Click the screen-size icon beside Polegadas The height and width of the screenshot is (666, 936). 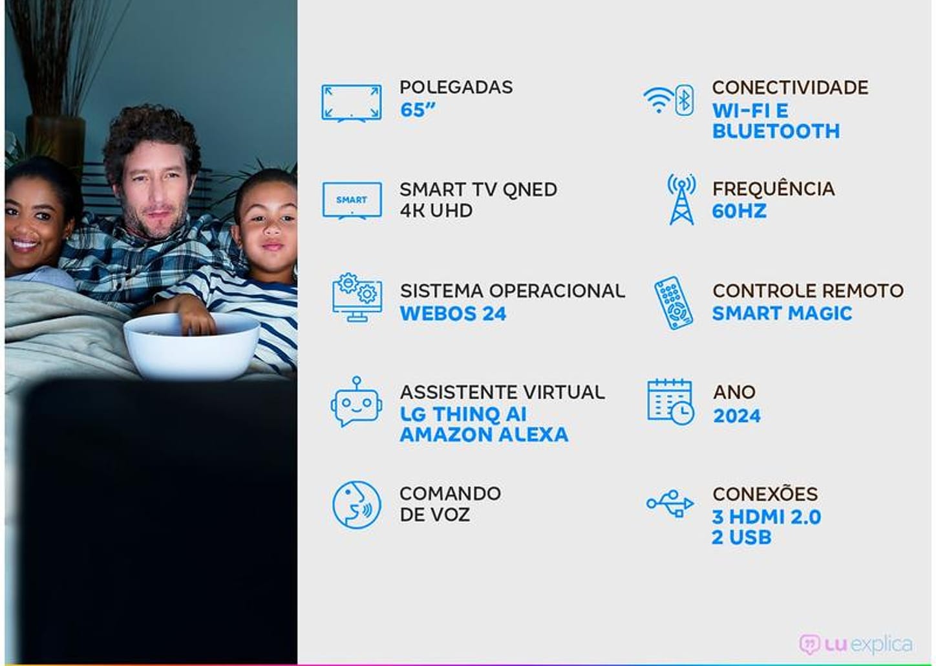351,102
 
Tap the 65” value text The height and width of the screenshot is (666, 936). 417,110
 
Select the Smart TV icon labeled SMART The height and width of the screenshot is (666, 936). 352,201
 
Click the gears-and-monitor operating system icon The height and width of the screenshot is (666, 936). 357,297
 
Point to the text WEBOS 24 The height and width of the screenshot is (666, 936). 452,314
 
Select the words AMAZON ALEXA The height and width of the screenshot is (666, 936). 484,435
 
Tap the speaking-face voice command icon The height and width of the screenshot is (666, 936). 356,504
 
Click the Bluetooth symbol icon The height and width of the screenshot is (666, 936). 685,100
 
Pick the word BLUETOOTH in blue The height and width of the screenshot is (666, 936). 776,131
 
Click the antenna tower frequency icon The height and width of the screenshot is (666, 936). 681,200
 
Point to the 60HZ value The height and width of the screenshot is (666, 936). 739,211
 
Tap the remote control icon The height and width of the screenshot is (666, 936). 673,303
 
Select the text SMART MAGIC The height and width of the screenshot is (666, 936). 782,314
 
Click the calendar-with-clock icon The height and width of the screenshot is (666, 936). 670,402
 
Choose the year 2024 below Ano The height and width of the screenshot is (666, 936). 736,416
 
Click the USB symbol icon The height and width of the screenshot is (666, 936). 670,503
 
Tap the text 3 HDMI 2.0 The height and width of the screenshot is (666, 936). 766,517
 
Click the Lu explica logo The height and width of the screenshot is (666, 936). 855,644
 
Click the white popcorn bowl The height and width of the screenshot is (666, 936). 191,346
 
